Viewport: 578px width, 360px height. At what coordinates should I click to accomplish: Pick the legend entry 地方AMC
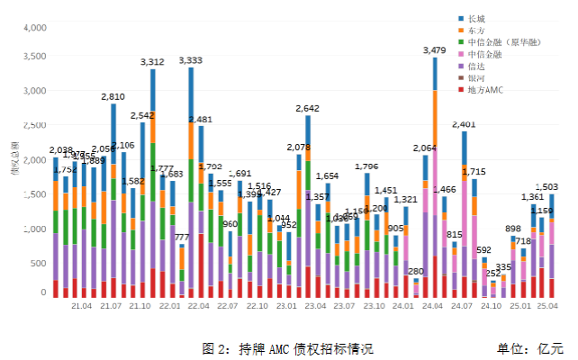[x=483, y=90]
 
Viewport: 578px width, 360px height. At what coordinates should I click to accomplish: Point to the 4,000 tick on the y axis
[x=33, y=28]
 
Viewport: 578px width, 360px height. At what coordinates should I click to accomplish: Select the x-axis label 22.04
[x=199, y=307]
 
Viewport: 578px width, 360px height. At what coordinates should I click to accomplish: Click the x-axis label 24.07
[x=462, y=307]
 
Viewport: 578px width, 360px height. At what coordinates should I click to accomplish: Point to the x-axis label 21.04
[x=81, y=307]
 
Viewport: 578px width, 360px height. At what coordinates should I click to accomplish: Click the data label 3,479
[x=434, y=50]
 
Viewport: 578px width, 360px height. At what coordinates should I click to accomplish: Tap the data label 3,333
[x=191, y=60]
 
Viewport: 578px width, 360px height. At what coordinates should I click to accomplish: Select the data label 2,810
[x=113, y=96]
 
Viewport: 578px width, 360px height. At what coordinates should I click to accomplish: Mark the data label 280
[x=415, y=271]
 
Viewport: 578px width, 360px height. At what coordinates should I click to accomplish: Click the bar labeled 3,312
[x=152, y=180]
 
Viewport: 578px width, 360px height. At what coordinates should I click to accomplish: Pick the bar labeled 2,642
[x=308, y=207]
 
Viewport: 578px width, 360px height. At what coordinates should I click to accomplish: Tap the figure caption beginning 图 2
[x=287, y=347]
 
